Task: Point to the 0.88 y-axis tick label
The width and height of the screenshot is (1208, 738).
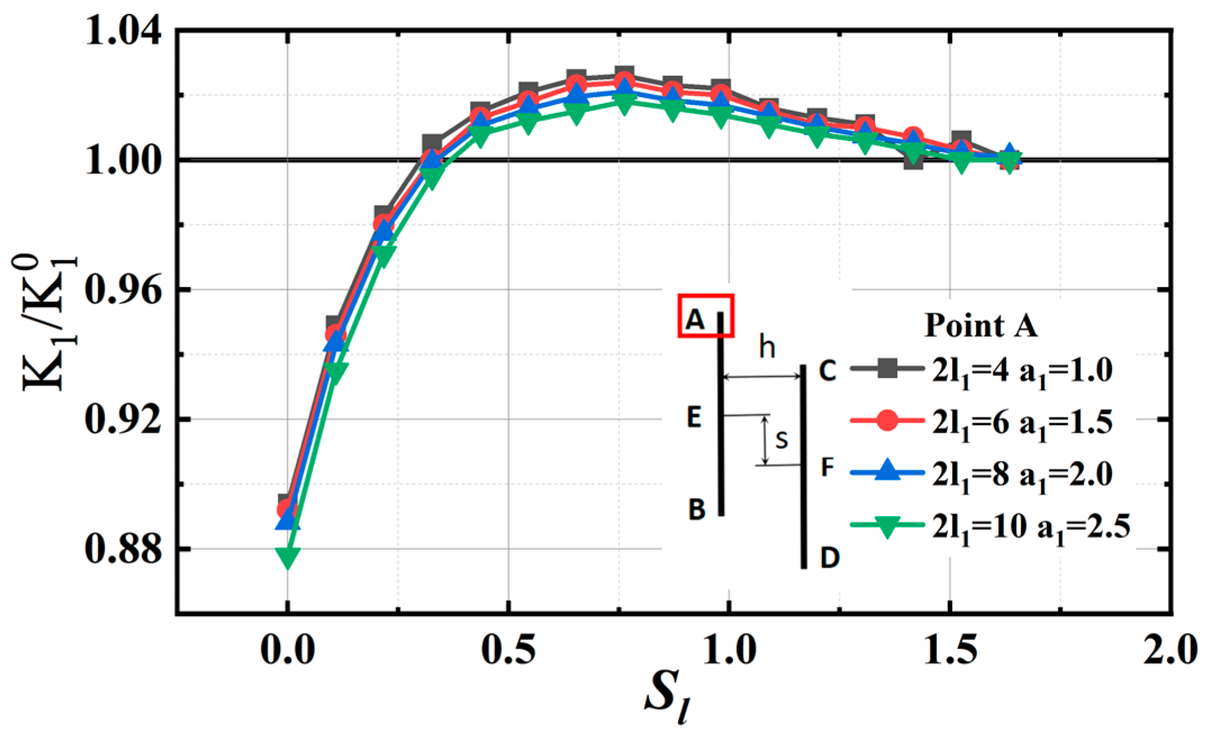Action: (122, 549)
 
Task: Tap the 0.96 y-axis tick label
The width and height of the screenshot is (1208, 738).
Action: (122, 290)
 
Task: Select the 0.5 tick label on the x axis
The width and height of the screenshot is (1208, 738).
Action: (508, 650)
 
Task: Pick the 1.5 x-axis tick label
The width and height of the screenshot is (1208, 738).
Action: (950, 650)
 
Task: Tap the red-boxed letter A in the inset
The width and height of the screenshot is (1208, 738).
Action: (696, 320)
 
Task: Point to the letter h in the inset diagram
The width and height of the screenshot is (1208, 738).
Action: (767, 347)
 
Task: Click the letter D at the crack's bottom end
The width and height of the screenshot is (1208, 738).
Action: (830, 558)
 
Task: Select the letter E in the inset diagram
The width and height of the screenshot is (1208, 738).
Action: (694, 417)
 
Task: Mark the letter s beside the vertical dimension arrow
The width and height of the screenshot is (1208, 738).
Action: (782, 440)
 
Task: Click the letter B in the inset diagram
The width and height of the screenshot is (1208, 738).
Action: (697, 509)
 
